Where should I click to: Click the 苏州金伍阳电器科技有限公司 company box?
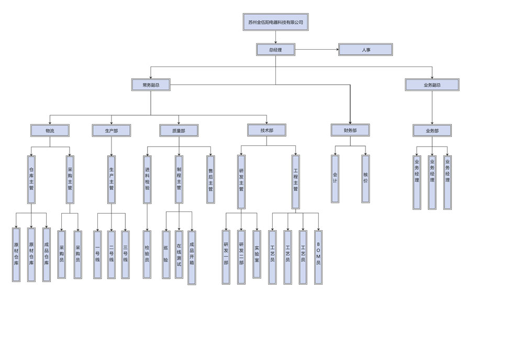(275, 22)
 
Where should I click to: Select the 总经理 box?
(275, 50)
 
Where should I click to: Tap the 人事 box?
(365, 50)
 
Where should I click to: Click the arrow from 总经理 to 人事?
(317, 50)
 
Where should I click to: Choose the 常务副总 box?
(151, 85)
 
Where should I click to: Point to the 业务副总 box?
(432, 85)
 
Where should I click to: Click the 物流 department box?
(50, 130)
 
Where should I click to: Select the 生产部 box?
(111, 130)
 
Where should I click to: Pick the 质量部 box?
(179, 130)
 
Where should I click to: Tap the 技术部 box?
(266, 130)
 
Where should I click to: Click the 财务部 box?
(350, 130)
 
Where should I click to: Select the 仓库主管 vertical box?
(31, 179)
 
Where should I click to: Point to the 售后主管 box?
(210, 179)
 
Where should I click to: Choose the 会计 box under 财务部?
(335, 178)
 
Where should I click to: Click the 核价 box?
(365, 178)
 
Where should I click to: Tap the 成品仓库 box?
(47, 255)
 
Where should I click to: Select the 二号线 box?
(111, 254)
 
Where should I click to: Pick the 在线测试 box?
(179, 254)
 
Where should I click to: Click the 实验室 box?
(257, 254)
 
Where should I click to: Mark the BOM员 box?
(318, 257)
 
